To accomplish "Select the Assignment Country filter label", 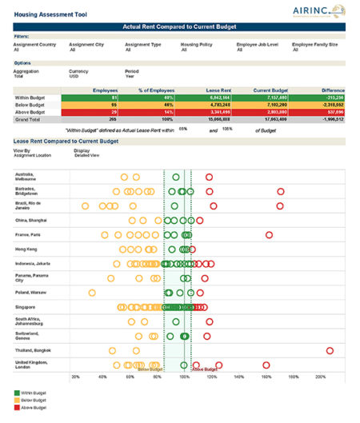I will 33,44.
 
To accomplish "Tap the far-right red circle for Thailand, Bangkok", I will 330,350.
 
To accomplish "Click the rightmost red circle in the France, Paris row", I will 269,234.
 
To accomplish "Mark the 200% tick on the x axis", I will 320,376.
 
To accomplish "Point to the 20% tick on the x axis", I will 75,376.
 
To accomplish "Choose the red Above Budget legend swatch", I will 18,408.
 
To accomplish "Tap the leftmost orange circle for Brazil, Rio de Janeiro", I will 86,206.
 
